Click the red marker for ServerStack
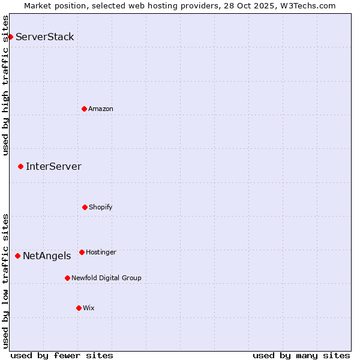[x=10, y=37]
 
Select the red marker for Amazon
[x=84, y=109]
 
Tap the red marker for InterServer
[x=20, y=166]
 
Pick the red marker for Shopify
[x=85, y=207]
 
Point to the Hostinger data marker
[x=82, y=252]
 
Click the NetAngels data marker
[x=17, y=256]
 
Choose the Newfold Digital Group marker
[x=67, y=278]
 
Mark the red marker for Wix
[x=79, y=308]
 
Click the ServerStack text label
[x=45, y=37]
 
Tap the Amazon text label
[x=101, y=109]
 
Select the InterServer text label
[x=53, y=166]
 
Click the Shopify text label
[x=101, y=207]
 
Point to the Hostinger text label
[x=101, y=252]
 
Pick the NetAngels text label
[x=47, y=256]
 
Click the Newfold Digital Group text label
[x=106, y=278]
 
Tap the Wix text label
[x=89, y=308]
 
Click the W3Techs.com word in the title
[x=307, y=5]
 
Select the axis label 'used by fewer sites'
[x=62, y=355]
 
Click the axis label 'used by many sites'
[x=301, y=355]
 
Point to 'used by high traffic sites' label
[x=5, y=85]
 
